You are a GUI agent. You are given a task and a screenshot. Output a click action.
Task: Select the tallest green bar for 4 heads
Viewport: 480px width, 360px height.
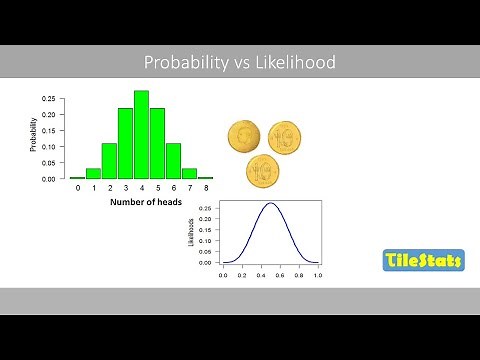pos(141,135)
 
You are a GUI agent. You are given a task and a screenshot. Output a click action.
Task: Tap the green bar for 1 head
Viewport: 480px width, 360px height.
pos(93,173)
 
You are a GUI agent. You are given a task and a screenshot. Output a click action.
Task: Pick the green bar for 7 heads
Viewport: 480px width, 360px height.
pos(189,173)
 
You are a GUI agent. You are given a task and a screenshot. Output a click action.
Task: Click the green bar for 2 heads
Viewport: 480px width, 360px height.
pos(109,161)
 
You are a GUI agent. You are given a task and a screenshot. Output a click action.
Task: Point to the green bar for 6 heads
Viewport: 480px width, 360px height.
pos(173,161)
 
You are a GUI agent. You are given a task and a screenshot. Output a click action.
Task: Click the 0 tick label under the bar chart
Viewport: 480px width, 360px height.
pos(77,188)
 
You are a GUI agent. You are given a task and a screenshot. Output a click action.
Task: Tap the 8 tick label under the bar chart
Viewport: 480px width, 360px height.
pos(205,188)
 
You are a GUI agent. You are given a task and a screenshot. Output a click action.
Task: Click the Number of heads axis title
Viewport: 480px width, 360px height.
pos(141,203)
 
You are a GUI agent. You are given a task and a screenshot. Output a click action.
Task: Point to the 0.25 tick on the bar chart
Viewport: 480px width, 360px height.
pos(49,99)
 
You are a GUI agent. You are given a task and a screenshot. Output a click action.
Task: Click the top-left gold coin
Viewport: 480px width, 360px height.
pos(244,137)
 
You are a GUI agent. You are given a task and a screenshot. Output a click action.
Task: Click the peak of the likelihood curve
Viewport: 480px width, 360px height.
pos(270,204)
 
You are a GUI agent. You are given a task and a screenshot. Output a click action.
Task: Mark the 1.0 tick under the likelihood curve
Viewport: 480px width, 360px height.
pos(317,272)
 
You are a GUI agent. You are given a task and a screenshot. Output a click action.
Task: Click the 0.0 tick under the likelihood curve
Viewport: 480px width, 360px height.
pos(223,272)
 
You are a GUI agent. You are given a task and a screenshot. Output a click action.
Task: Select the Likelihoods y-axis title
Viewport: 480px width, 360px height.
pos(192,233)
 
